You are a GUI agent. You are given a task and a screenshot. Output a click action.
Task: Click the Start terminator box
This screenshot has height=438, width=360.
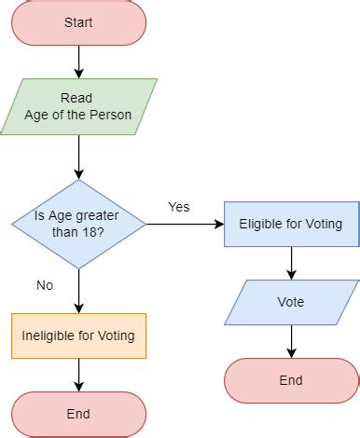[x=78, y=22]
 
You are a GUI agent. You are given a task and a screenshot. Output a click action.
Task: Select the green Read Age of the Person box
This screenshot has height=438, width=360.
[x=78, y=106]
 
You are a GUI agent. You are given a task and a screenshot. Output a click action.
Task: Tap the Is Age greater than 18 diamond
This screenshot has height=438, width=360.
[x=78, y=224]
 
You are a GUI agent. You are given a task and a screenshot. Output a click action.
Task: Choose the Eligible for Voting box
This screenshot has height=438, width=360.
[x=291, y=224]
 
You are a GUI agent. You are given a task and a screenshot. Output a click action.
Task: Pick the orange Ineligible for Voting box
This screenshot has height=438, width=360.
[x=78, y=335]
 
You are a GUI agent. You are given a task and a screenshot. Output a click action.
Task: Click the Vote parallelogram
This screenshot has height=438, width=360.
[x=291, y=302]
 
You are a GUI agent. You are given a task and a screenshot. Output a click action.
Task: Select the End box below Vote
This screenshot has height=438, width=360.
[x=291, y=380]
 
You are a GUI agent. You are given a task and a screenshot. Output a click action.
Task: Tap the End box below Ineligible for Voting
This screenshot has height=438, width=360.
[x=78, y=414]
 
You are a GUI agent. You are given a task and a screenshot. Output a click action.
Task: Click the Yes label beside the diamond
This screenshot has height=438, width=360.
[x=178, y=207]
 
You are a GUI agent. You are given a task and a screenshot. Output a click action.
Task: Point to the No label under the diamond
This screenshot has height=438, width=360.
[x=45, y=285]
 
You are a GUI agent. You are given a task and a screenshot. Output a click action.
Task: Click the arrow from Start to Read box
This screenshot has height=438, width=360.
[x=78, y=62]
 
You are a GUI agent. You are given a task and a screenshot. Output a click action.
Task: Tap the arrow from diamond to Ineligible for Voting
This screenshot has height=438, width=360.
[x=78, y=291]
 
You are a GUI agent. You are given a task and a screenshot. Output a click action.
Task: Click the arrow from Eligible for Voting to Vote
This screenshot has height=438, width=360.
[x=291, y=263]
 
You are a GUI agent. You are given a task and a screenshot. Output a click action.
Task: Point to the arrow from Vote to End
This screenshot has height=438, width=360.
[x=291, y=341]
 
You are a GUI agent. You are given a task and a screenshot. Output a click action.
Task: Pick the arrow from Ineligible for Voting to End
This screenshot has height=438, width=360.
[x=78, y=375]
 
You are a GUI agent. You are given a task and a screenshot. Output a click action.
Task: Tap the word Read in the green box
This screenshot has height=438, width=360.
[x=78, y=98]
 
